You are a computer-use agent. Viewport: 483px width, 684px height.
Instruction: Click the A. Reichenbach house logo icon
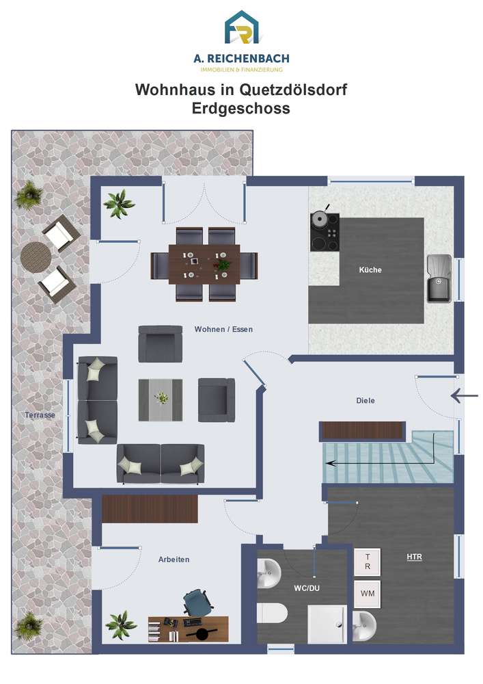pos(241,27)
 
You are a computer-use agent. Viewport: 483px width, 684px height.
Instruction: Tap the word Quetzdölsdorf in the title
pos(293,90)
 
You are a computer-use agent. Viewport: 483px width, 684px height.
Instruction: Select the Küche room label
pos(370,270)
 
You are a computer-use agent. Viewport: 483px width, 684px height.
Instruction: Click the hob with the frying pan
pos(325,231)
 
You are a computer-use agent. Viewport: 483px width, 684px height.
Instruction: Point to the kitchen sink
pos(439,279)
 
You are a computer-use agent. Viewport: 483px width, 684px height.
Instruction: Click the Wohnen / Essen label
pos(223,330)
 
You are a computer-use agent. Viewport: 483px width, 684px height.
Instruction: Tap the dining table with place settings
pos(204,264)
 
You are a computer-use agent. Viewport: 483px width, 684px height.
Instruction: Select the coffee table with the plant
pos(161,400)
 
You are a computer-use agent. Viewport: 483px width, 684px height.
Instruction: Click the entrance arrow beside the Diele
pos(465,395)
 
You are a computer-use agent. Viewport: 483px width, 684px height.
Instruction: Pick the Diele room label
pos(365,400)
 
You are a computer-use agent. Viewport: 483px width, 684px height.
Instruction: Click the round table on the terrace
pos(36,257)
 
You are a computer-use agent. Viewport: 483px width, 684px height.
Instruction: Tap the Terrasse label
pos(40,415)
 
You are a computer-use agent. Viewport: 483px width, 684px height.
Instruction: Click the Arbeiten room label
pos(174,560)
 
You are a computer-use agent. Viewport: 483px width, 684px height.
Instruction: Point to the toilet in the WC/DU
pos(272,614)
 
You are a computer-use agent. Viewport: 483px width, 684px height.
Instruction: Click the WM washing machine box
pos(367,594)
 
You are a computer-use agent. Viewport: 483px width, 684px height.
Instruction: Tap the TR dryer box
pos(367,562)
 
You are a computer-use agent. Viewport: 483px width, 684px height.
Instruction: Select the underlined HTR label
pos(414,557)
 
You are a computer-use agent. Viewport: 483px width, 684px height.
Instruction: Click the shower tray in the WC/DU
pos(327,624)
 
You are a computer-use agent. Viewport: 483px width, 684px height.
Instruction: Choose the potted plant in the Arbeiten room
pos(121,624)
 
